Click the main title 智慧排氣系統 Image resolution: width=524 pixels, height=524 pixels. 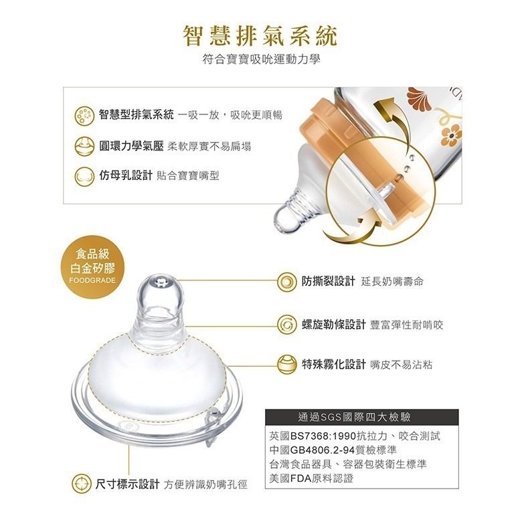(261, 35)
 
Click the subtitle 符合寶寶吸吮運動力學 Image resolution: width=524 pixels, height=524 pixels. (261, 60)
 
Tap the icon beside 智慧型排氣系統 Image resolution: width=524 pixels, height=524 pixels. (84, 114)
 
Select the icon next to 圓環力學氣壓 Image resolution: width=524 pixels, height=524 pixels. (84, 145)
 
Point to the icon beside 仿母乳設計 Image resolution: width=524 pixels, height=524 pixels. (84, 176)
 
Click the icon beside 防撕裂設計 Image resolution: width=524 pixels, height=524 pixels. (287, 281)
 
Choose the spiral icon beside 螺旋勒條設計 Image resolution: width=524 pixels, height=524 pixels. (287, 325)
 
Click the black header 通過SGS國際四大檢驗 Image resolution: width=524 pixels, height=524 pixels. (361, 418)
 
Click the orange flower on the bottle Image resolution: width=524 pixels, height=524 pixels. (451, 133)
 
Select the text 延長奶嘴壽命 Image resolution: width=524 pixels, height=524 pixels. (391, 282)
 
